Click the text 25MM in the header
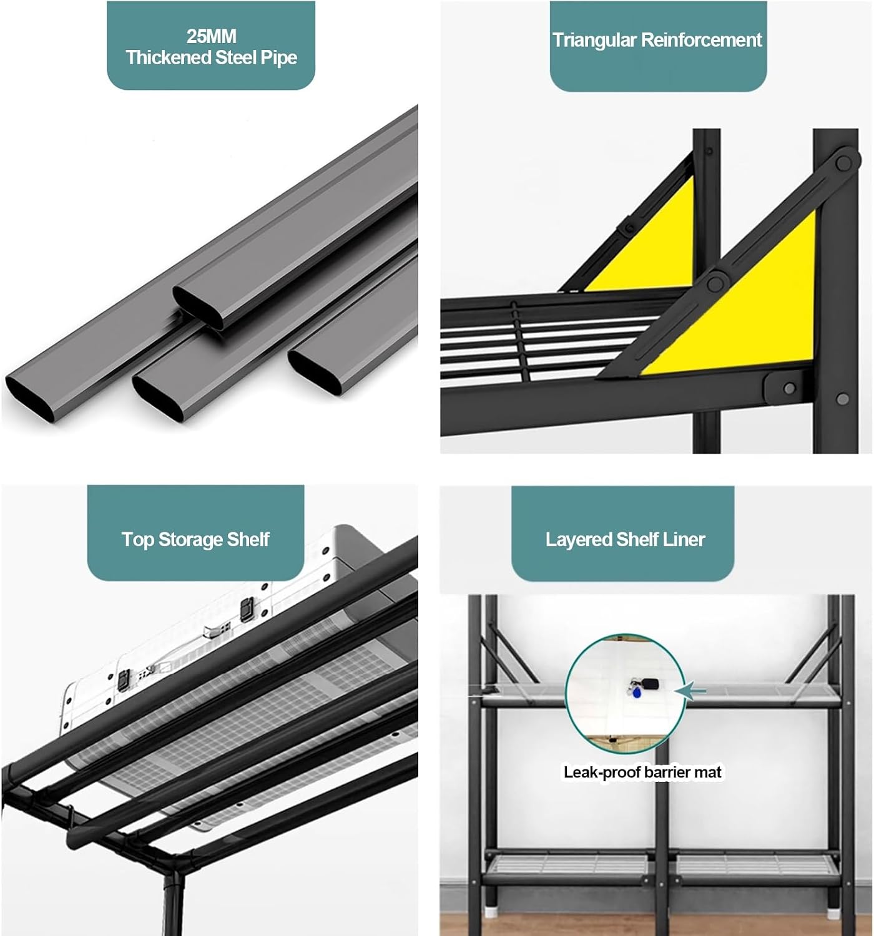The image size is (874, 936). point(211,36)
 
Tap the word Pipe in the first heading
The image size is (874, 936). point(279,58)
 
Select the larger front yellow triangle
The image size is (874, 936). point(750,311)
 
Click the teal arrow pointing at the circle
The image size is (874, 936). point(690,691)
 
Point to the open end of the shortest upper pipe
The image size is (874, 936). point(198,307)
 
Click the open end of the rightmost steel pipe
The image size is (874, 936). point(314,373)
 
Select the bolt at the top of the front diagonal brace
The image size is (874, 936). point(843,163)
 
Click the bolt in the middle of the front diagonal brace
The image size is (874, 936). point(715,284)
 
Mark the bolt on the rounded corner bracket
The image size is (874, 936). point(789,388)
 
